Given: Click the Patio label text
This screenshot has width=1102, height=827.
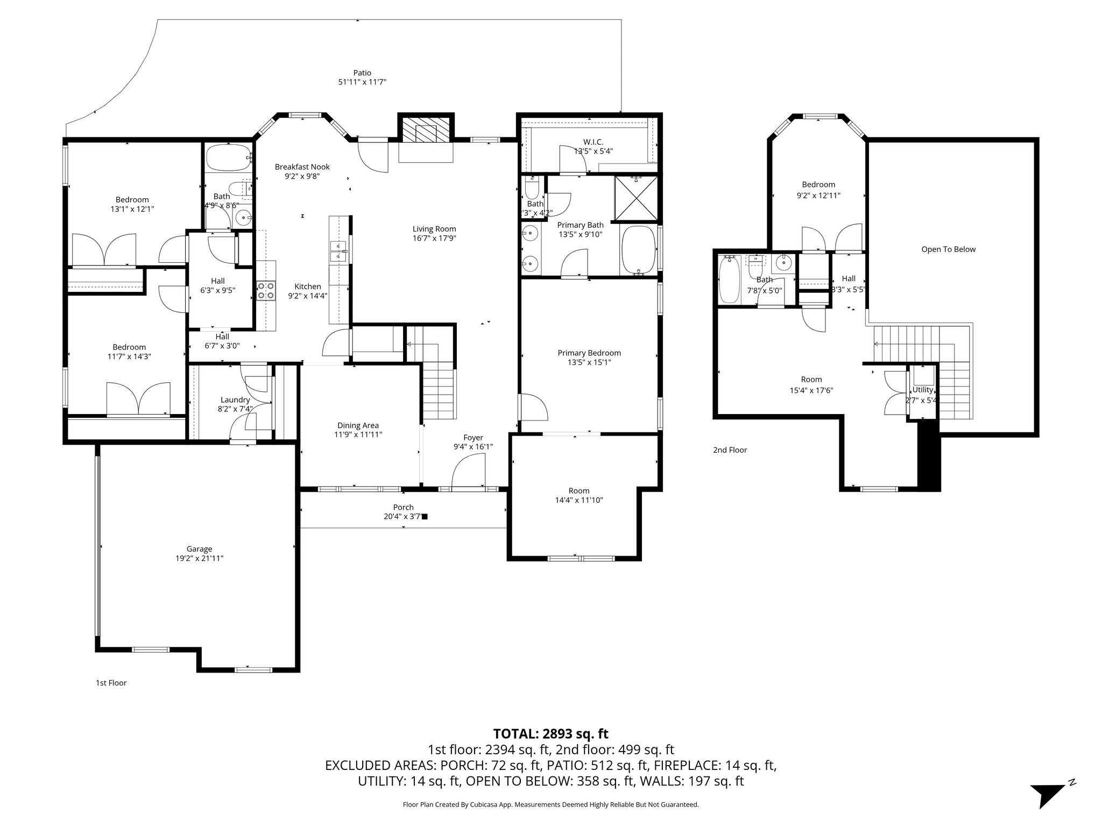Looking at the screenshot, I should click(x=362, y=73).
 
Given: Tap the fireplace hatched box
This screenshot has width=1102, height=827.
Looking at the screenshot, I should click(x=426, y=133).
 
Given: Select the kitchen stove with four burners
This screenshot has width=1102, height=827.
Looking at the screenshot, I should click(x=265, y=291).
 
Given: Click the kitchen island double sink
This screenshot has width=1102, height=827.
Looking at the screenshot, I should click(x=338, y=251).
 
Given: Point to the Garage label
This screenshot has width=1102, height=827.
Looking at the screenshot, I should click(x=199, y=549).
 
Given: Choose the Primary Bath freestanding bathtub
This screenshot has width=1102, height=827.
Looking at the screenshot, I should click(x=639, y=250).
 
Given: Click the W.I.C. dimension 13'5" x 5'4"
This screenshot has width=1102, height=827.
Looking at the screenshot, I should click(x=593, y=151).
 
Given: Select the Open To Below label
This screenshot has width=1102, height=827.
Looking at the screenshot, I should click(x=948, y=249).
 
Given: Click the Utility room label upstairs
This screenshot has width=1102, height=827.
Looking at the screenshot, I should click(x=922, y=390).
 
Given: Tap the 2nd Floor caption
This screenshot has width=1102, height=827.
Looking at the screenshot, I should click(x=730, y=450).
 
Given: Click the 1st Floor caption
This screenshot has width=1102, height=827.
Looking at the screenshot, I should click(x=111, y=683).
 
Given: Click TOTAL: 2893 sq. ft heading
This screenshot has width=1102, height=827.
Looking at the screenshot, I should click(x=550, y=733).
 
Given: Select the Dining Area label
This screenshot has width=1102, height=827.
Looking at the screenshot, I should click(x=358, y=425).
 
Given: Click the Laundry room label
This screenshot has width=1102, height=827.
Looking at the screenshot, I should click(x=235, y=400).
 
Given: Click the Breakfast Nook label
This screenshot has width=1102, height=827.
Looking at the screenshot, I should click(x=302, y=167).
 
